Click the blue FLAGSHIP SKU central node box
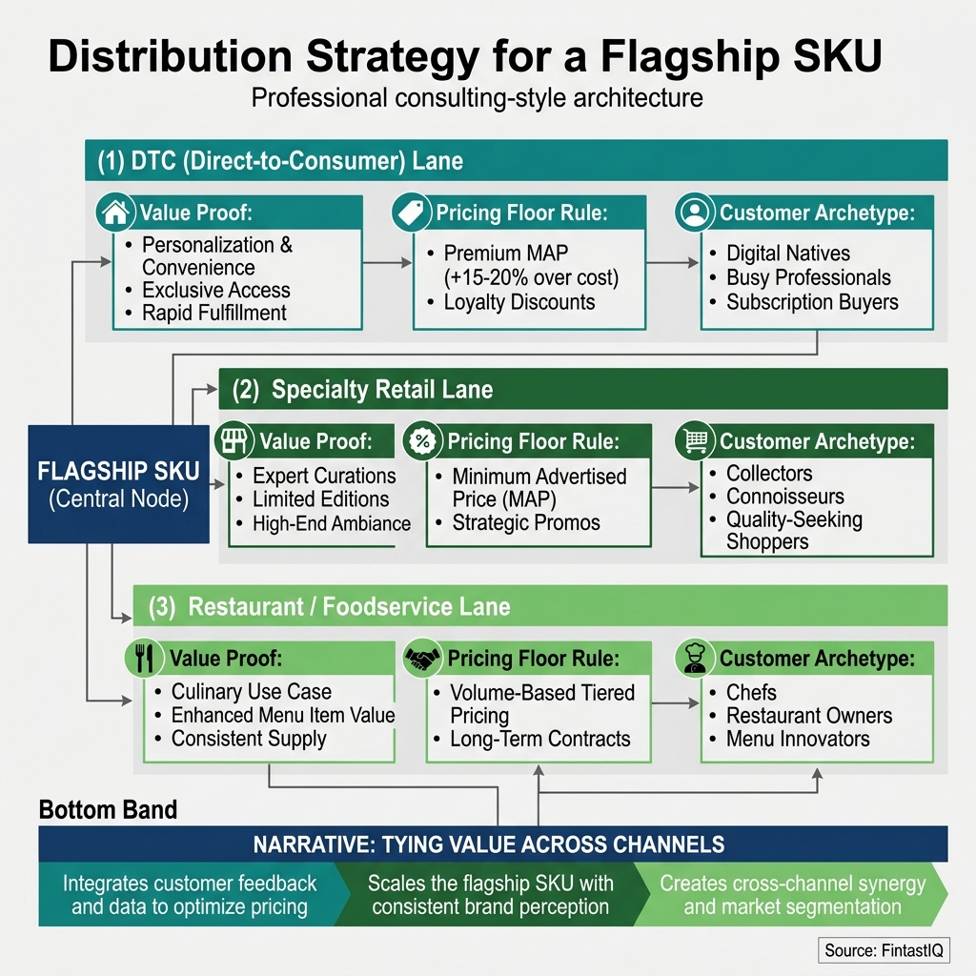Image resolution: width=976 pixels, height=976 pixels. pos(118,483)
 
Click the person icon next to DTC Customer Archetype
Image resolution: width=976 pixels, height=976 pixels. pos(695,213)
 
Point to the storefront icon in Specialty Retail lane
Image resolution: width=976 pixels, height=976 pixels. pos(234,440)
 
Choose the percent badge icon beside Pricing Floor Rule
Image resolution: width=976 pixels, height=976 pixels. pos(421,440)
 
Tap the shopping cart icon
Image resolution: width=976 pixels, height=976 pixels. pos(695,440)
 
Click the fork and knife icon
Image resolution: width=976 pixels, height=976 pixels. pos(145,658)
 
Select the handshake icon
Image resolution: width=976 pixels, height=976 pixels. pos(421,658)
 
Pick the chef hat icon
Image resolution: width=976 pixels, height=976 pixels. pos(695,658)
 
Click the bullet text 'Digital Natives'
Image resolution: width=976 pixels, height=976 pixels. pos(787,254)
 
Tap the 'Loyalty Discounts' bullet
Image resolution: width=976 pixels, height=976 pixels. pos(518,303)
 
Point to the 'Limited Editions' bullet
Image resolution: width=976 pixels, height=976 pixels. pos(320,499)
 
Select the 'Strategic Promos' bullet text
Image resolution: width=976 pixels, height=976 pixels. pos(526,523)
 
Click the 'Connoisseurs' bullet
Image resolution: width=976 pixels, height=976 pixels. pos(784,497)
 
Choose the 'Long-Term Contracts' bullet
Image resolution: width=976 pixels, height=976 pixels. pos(539,739)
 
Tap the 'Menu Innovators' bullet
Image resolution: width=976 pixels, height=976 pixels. pos(797,739)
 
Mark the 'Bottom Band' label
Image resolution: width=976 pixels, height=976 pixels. pos(108,810)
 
